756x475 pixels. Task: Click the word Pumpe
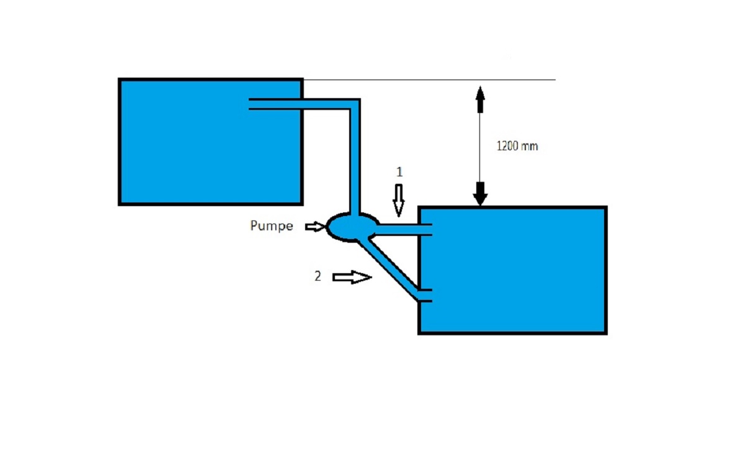pos(271,226)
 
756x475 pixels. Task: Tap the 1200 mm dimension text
pos(517,147)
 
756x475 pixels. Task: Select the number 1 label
pos(399,173)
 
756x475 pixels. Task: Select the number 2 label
pos(318,277)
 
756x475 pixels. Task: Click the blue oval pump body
pos(352,227)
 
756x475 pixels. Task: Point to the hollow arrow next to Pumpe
pos(315,227)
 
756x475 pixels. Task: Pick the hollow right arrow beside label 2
pos(352,278)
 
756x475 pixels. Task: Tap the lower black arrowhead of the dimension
pos(480,193)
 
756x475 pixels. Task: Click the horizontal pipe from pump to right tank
pos(397,230)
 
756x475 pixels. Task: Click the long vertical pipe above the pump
pos(356,161)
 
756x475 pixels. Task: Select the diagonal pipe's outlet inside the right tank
pos(425,296)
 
